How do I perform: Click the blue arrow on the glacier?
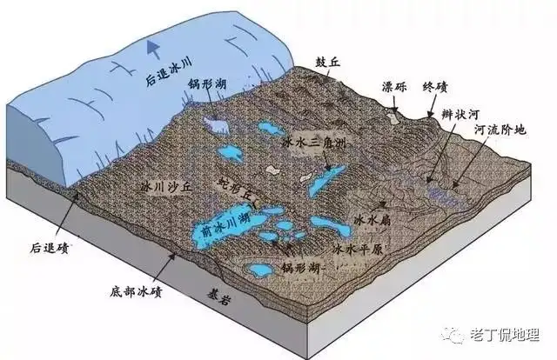(154, 49)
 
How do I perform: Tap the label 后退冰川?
(169, 72)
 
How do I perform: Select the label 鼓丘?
(328, 63)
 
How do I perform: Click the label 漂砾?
(394, 86)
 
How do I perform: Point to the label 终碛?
(435, 86)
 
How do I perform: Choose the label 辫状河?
(461, 114)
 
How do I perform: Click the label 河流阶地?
(500, 130)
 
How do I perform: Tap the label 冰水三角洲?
(314, 143)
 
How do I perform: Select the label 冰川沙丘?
(166, 187)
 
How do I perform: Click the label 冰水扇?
(372, 221)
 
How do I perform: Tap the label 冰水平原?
(358, 249)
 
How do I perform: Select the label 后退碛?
(49, 248)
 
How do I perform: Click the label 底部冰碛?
(136, 292)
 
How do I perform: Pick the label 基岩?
(218, 298)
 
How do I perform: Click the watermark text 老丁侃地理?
(505, 335)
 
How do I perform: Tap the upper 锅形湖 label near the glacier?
(208, 84)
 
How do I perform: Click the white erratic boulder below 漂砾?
(393, 117)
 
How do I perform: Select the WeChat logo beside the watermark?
(453, 336)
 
